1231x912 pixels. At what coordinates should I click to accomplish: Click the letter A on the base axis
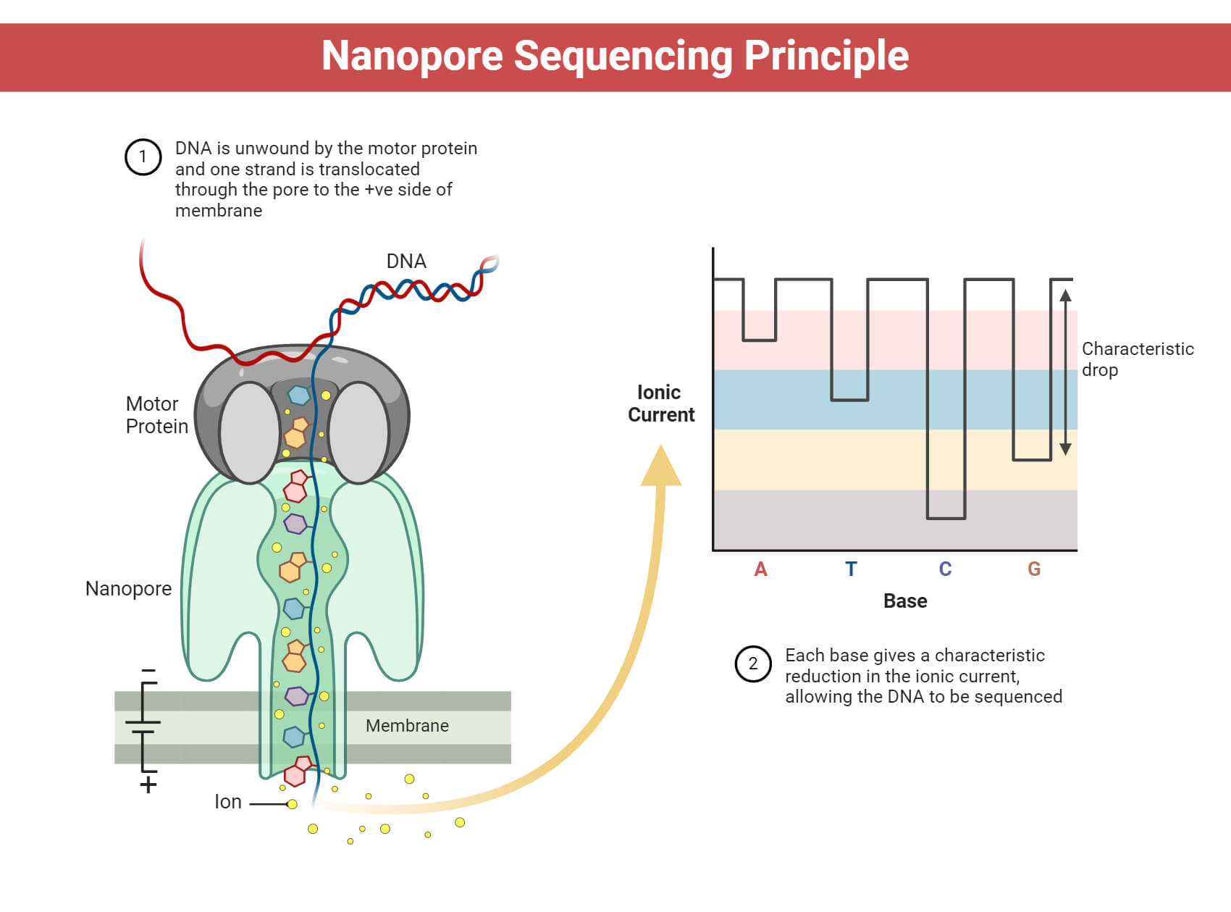[760, 569]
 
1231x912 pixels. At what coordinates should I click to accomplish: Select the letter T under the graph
[851, 569]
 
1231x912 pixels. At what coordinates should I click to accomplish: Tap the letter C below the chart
[945, 569]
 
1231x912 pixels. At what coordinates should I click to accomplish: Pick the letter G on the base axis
[1034, 569]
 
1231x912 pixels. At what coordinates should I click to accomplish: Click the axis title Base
[905, 601]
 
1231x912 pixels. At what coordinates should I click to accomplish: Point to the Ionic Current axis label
[660, 403]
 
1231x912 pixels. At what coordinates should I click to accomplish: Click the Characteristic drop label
[1137, 359]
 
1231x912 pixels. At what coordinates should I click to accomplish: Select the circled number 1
[143, 156]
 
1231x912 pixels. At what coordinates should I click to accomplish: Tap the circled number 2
[753, 664]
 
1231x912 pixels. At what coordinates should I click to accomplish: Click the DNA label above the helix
[406, 262]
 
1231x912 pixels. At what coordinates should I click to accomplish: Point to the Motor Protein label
[156, 415]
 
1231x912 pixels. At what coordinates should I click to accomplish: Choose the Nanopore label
[128, 589]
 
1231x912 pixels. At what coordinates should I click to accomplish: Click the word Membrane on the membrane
[407, 726]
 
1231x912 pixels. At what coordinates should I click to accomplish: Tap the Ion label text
[228, 802]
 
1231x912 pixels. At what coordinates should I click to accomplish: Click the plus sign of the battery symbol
[148, 785]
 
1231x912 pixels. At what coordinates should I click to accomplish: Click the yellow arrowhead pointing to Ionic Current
[661, 467]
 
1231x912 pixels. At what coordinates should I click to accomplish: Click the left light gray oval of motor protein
[249, 432]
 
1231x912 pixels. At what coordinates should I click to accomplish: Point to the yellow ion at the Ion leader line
[292, 804]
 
